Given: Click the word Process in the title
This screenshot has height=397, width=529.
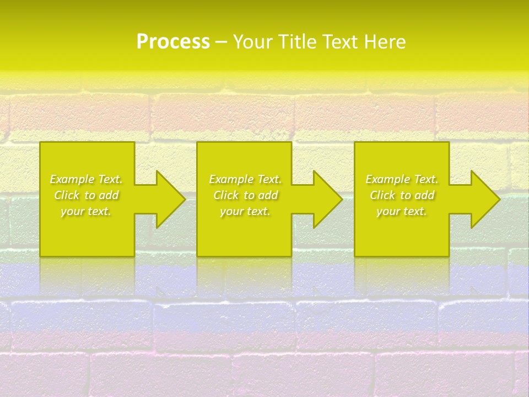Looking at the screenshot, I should tap(173, 42).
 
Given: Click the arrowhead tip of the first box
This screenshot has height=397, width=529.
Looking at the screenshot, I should tap(184, 199).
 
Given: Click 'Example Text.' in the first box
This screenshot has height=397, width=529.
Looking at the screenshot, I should tap(86, 179).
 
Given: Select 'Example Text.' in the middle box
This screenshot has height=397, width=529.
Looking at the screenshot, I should tap(245, 179).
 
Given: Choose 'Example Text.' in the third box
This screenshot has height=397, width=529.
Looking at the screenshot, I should tap(402, 179).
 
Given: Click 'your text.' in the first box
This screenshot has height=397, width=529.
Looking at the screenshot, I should tap(86, 211).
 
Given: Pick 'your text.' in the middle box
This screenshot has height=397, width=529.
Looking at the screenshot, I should tap(245, 211).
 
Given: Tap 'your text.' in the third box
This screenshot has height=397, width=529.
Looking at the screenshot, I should tap(402, 211).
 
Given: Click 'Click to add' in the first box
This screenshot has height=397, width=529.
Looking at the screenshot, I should tap(86, 195).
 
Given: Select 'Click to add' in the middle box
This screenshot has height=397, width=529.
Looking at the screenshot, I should tap(245, 195).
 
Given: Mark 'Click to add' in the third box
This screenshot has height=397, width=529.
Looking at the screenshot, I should tap(402, 195).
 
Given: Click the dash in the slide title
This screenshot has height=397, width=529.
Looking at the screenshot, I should tap(221, 42).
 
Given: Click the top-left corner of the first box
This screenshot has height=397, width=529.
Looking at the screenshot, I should tap(41, 143).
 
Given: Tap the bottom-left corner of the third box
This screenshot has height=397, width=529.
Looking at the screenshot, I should tap(355, 255).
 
